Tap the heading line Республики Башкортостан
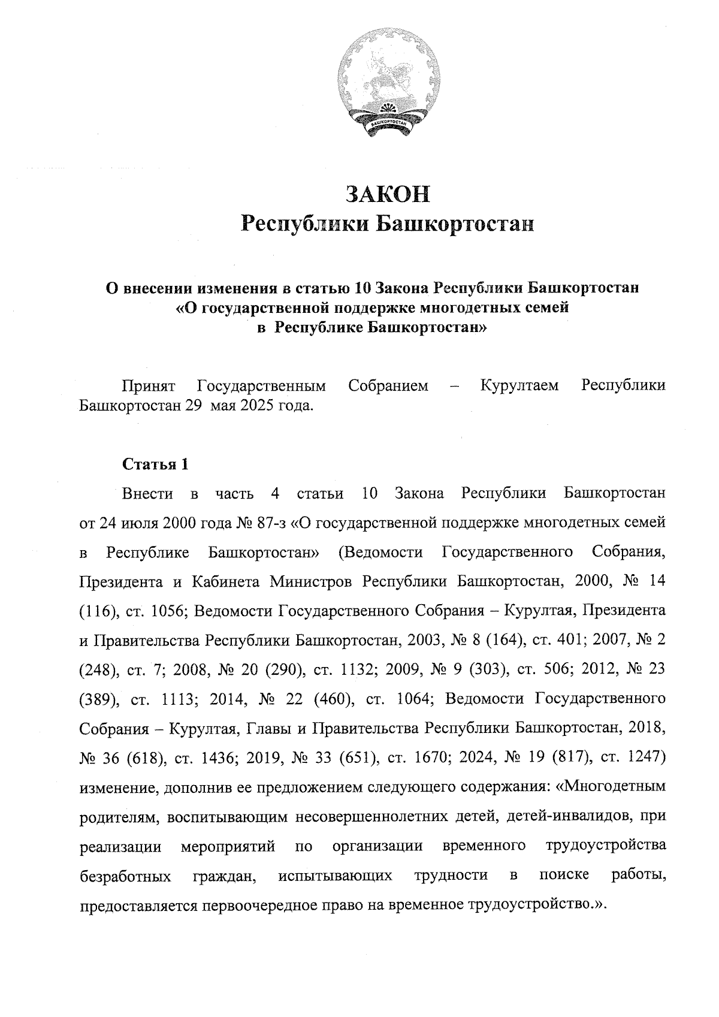386,225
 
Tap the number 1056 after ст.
164,611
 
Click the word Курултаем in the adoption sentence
519,385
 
